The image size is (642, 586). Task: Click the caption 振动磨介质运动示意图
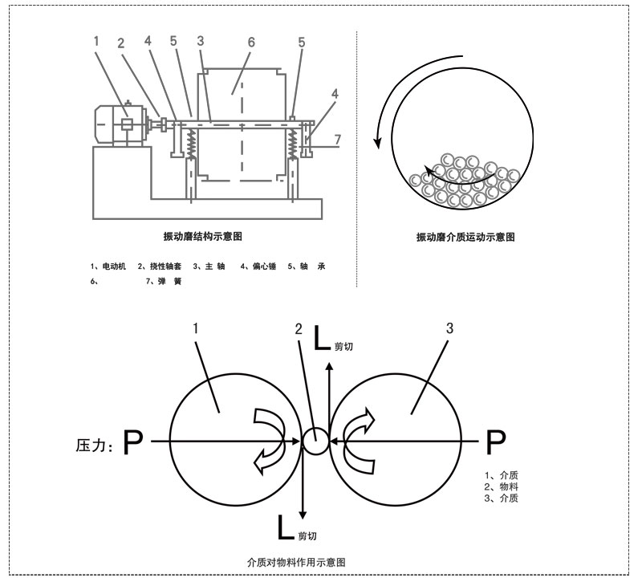(x=465, y=238)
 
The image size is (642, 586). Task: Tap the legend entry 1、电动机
(x=109, y=266)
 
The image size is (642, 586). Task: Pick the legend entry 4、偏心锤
(x=258, y=266)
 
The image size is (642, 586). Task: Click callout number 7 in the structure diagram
(x=338, y=140)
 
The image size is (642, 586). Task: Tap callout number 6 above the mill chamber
(x=250, y=43)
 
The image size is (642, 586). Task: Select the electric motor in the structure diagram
(x=118, y=125)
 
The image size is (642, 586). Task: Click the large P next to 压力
(x=134, y=442)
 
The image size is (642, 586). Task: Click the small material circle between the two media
(x=315, y=441)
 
